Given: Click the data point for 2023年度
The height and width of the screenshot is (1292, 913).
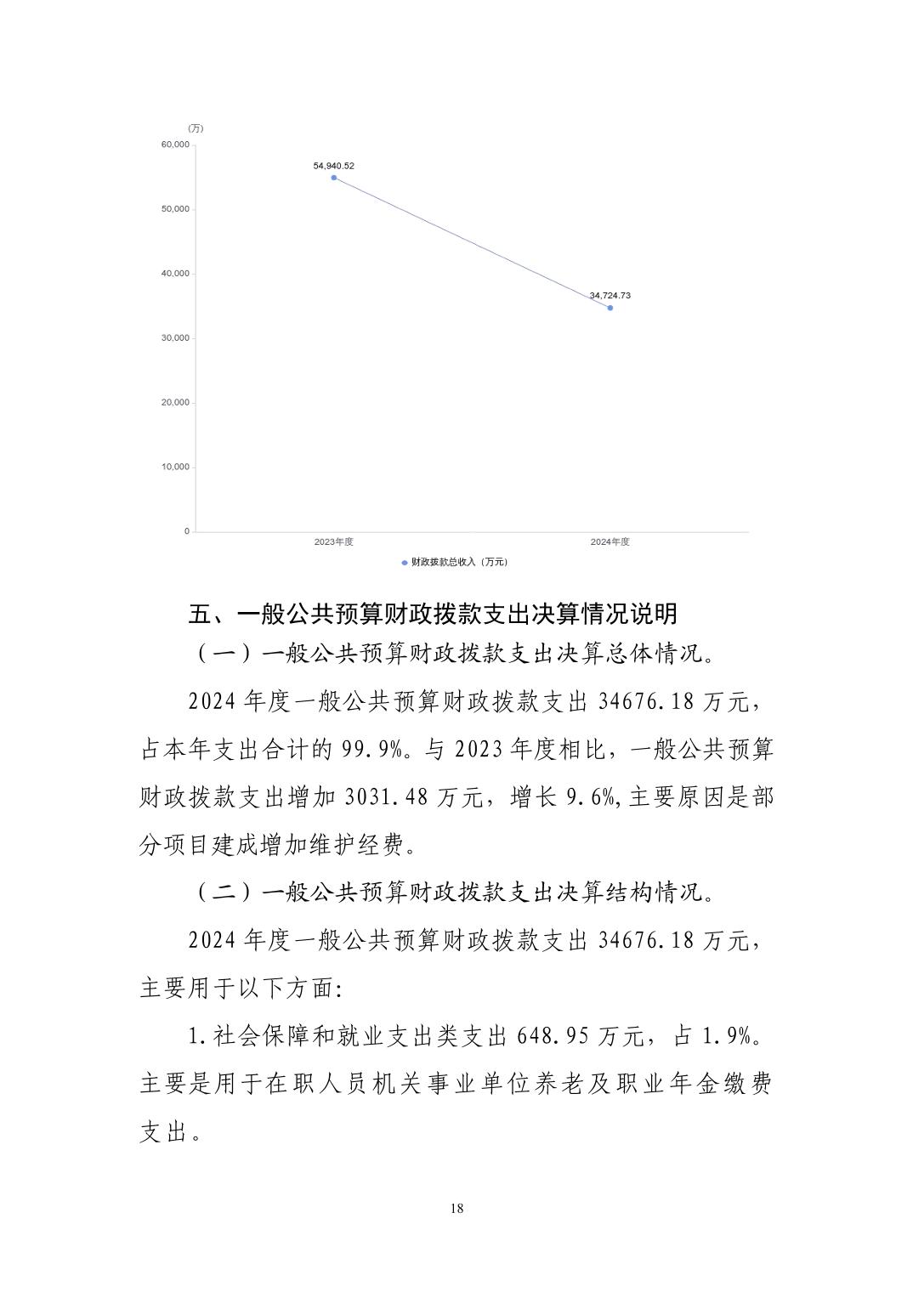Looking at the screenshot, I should tap(334, 178).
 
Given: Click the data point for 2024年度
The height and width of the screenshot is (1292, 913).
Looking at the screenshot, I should tap(610, 308).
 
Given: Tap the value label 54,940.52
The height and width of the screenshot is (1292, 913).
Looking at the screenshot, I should tap(333, 166).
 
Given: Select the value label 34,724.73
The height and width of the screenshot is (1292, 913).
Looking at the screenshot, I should tap(610, 296).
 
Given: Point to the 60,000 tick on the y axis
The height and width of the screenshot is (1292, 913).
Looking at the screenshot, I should tap(175, 144).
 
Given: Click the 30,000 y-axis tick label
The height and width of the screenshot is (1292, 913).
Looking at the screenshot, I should tap(175, 338).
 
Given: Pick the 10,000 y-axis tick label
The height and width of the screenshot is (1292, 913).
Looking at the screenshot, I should tap(175, 467).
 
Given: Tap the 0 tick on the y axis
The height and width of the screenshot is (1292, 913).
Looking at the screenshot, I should tap(187, 531).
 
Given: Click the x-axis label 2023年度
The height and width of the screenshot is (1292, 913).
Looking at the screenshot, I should tap(333, 542).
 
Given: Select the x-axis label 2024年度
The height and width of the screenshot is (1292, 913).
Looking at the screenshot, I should tap(610, 542).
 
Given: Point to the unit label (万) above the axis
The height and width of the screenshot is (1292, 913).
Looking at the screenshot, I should tap(196, 128).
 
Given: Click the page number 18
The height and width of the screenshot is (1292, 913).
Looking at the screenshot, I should tap(457, 1209).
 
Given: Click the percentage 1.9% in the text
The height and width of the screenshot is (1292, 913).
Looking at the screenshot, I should tap(729, 1037).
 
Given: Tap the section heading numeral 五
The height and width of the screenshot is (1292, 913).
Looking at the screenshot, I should tap(199, 614).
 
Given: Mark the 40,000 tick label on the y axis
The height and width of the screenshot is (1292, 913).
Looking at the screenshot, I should tap(175, 274).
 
